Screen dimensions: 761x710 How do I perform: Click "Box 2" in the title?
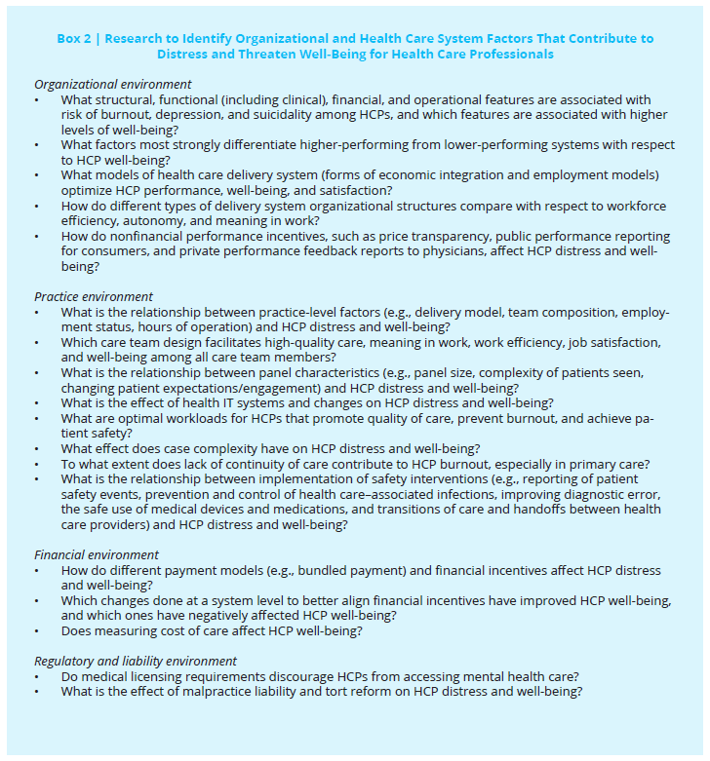pyautogui.click(x=75, y=39)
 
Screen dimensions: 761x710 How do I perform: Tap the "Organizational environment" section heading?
pyautogui.click(x=112, y=85)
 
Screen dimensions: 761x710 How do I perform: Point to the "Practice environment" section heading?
pyautogui.click(x=94, y=297)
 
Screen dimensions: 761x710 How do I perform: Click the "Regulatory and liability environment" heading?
pyautogui.click(x=135, y=662)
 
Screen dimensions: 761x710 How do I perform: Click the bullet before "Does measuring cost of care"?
pyautogui.click(x=37, y=631)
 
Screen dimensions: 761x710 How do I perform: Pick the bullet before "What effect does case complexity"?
pyautogui.click(x=37, y=448)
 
